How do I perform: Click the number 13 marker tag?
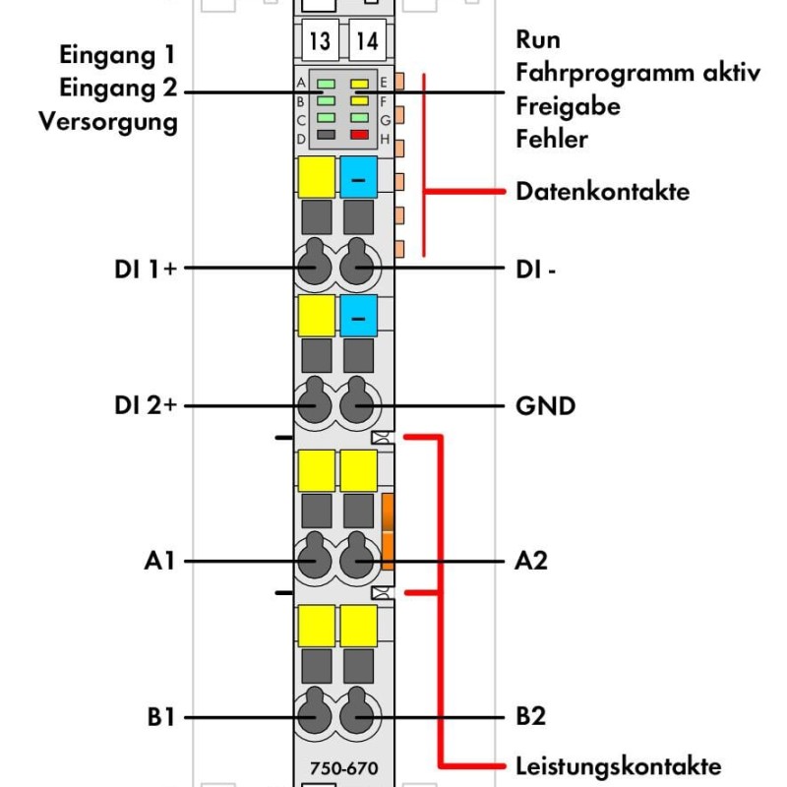(321, 40)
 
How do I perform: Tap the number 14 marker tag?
(367, 40)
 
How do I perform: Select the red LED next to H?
(359, 135)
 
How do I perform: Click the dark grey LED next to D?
(327, 135)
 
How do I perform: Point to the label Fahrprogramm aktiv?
(637, 73)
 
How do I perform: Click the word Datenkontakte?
(602, 192)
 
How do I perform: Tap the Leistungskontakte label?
(619, 766)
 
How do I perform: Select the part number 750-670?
(343, 768)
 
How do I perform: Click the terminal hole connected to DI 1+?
(315, 261)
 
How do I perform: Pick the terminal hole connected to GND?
(357, 399)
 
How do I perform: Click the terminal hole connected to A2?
(357, 555)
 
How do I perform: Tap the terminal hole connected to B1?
(315, 710)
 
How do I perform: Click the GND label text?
(546, 406)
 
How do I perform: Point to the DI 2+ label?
(146, 405)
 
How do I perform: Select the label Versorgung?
(108, 122)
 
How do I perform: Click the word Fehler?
(552, 139)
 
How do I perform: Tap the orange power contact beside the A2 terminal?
(388, 532)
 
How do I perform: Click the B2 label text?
(531, 716)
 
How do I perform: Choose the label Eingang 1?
(117, 55)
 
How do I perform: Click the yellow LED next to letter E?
(359, 84)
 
